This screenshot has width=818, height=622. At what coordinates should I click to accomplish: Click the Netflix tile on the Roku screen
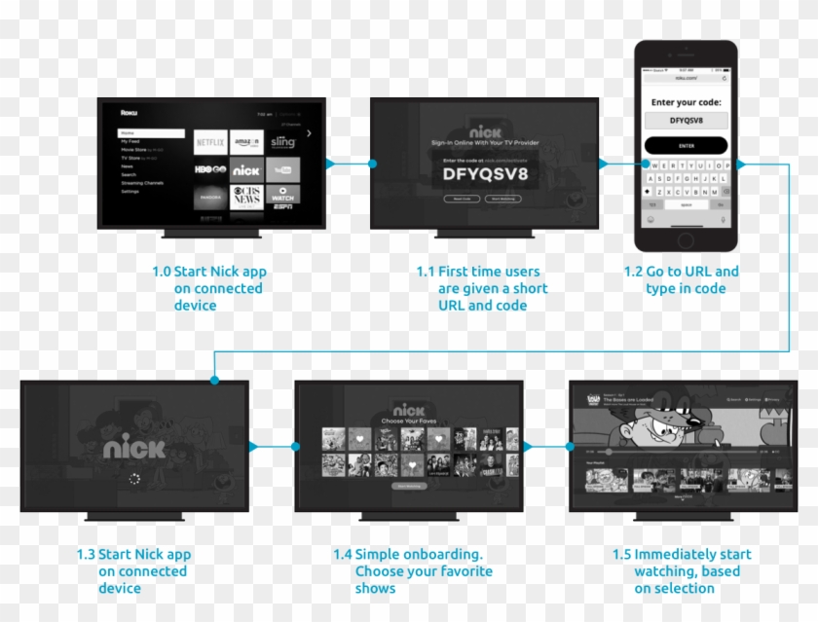(210, 142)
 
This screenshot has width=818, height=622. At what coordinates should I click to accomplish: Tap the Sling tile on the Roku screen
(282, 142)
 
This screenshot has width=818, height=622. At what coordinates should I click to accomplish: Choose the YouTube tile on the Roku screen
(282, 169)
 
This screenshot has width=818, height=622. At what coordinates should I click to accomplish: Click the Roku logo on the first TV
(129, 113)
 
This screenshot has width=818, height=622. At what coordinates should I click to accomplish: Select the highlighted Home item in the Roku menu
(151, 133)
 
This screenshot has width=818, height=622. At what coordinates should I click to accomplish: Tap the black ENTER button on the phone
(686, 145)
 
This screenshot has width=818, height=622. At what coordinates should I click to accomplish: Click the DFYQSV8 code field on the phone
(686, 121)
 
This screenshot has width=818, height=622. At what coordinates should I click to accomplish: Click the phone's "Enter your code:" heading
(686, 102)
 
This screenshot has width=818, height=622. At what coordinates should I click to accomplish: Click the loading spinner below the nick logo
(134, 479)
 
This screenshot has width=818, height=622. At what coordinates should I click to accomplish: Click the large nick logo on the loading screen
(134, 448)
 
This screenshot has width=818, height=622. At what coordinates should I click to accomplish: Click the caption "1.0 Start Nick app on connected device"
(209, 288)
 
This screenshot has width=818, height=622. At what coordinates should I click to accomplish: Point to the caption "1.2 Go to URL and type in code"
(682, 280)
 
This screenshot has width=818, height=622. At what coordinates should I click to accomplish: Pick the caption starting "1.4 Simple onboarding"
(413, 570)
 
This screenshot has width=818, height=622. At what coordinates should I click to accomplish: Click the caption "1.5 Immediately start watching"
(682, 570)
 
